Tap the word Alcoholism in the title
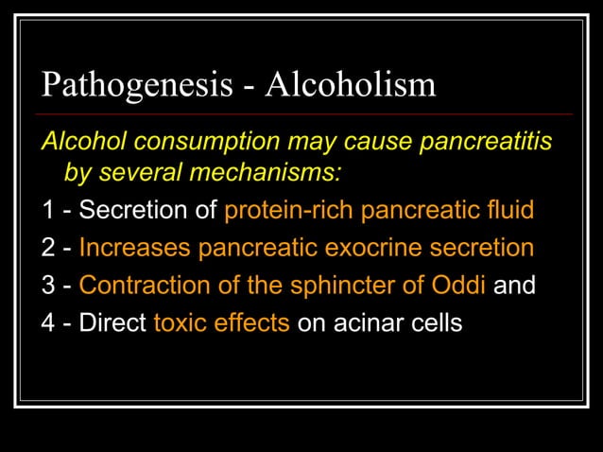point(351,85)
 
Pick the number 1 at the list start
point(48,210)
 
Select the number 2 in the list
point(48,248)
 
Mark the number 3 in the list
point(48,286)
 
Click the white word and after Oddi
point(515,286)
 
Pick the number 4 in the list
point(48,323)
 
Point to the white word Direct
point(112,323)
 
